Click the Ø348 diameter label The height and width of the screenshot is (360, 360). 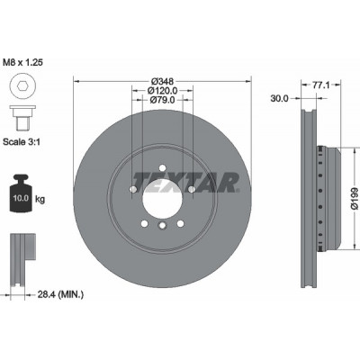click(162, 81)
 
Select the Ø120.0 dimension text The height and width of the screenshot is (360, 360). click(162, 90)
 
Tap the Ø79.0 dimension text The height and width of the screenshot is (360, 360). click(162, 99)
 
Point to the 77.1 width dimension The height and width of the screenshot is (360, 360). click(321, 85)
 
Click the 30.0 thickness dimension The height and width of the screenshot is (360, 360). click(279, 98)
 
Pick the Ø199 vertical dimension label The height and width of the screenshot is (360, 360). click(354, 198)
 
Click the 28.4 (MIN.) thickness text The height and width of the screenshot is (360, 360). click(60, 294)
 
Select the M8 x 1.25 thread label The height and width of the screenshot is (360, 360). click(22, 62)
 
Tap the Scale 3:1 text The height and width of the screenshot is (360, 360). click(22, 141)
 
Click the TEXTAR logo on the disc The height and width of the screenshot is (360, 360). click(186, 183)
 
